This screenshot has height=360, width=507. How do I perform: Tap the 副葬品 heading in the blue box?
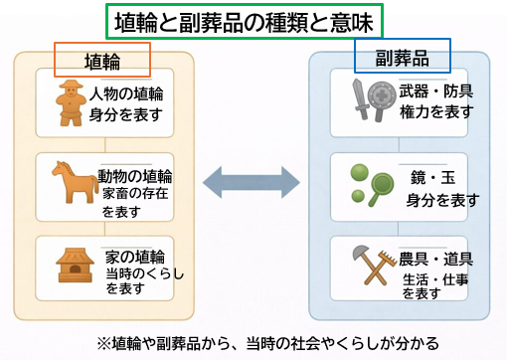pyautogui.click(x=402, y=56)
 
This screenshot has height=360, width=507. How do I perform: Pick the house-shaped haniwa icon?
pyautogui.click(x=73, y=264)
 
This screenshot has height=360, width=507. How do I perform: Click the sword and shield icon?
pyautogui.click(x=367, y=99)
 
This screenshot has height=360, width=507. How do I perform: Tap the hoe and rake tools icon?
pyautogui.click(x=368, y=263)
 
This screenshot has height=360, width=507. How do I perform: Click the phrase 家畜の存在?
pyautogui.click(x=134, y=193)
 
